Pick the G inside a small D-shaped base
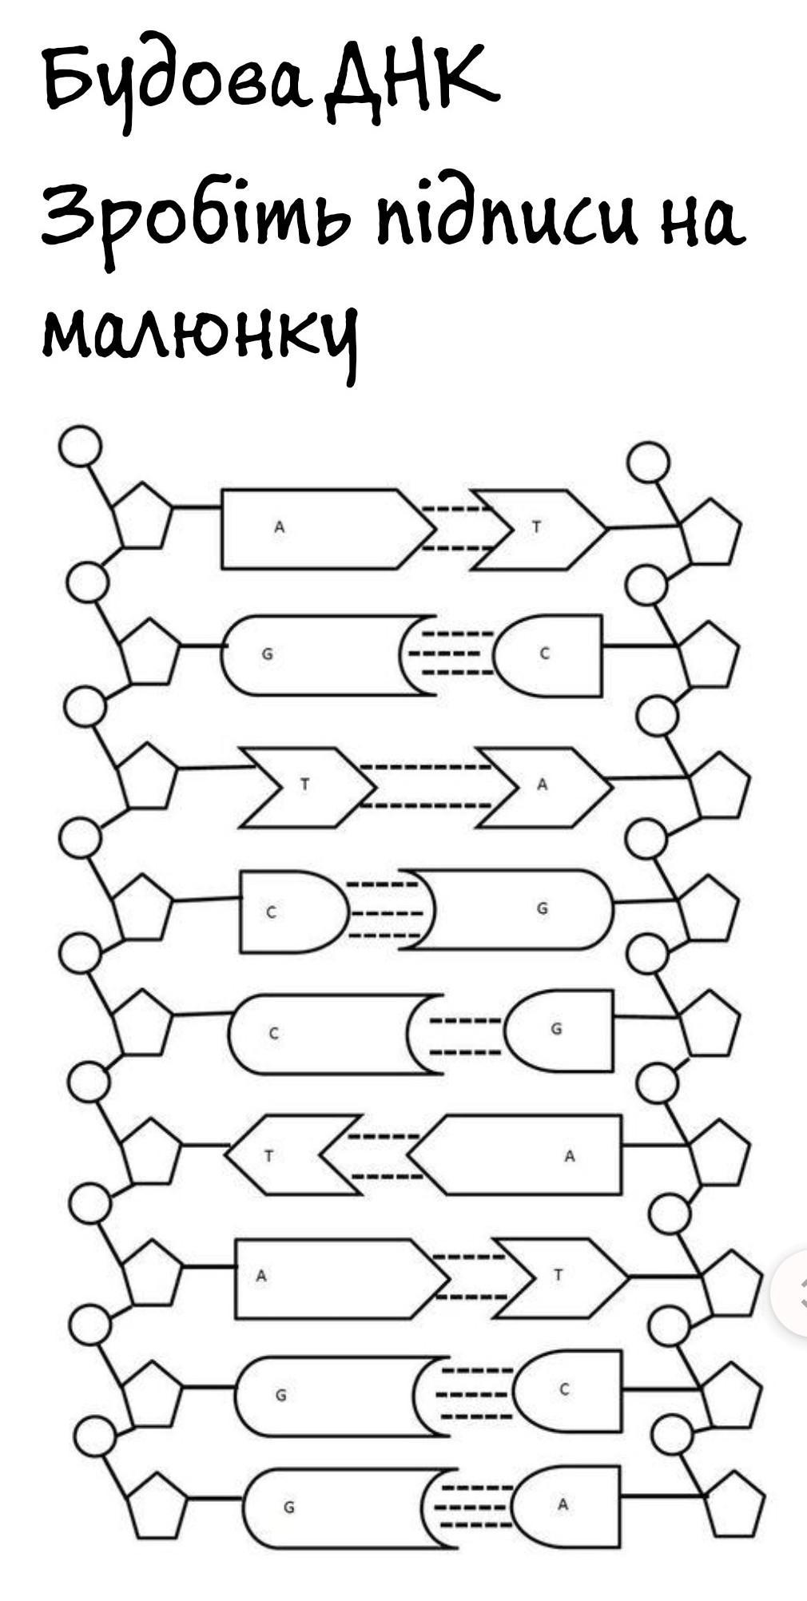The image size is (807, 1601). click(x=557, y=1028)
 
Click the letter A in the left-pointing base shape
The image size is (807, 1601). click(x=570, y=1155)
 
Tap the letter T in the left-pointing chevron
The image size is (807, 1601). click(x=269, y=1156)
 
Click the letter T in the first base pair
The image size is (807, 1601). click(x=537, y=526)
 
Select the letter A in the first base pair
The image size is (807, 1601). click(x=280, y=526)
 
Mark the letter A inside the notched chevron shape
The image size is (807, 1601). click(x=543, y=785)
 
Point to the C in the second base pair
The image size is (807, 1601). click(x=545, y=654)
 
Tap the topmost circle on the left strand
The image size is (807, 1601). click(x=80, y=445)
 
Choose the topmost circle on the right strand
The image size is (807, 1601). click(x=648, y=463)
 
